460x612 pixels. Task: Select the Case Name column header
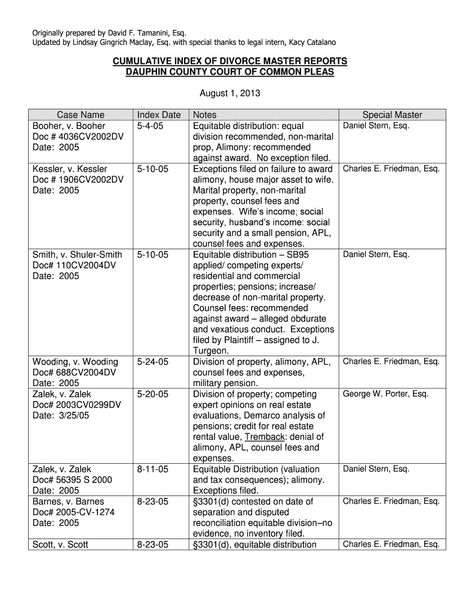pyautogui.click(x=81, y=115)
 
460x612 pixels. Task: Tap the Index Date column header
pyautogui.click(x=158, y=115)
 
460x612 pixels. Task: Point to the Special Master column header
pyautogui.click(x=392, y=115)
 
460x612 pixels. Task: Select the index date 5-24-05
pyautogui.click(x=152, y=362)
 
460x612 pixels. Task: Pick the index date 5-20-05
pyautogui.click(x=152, y=394)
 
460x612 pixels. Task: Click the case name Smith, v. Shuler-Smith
pyautogui.click(x=77, y=255)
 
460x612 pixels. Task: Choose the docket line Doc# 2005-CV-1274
pyautogui.click(x=73, y=512)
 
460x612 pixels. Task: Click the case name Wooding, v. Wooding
pyautogui.click(x=75, y=362)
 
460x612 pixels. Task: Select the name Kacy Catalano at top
pyautogui.click(x=316, y=42)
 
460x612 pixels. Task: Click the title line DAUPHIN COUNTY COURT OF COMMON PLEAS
pyautogui.click(x=230, y=72)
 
